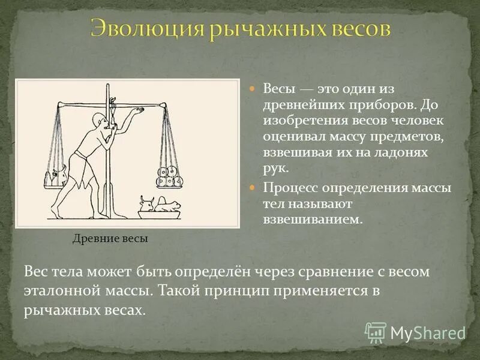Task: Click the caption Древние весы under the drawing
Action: pos(110,238)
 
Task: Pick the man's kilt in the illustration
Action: pos(79,163)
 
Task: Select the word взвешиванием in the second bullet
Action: pos(312,219)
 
